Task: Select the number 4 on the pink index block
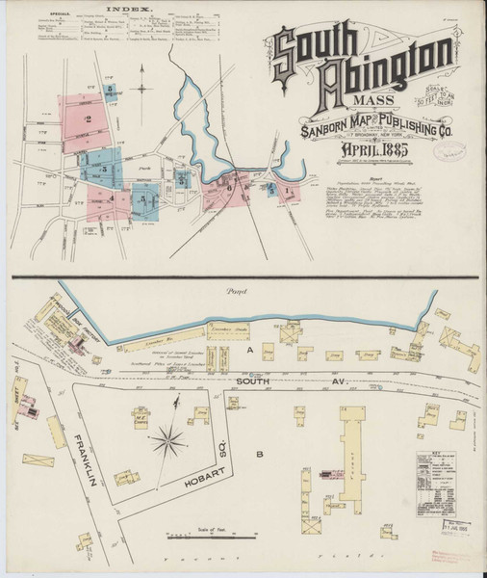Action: tap(112, 199)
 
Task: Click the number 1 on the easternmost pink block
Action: tap(289, 193)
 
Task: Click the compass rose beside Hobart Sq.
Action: tap(170, 441)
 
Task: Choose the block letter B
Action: tap(257, 451)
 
